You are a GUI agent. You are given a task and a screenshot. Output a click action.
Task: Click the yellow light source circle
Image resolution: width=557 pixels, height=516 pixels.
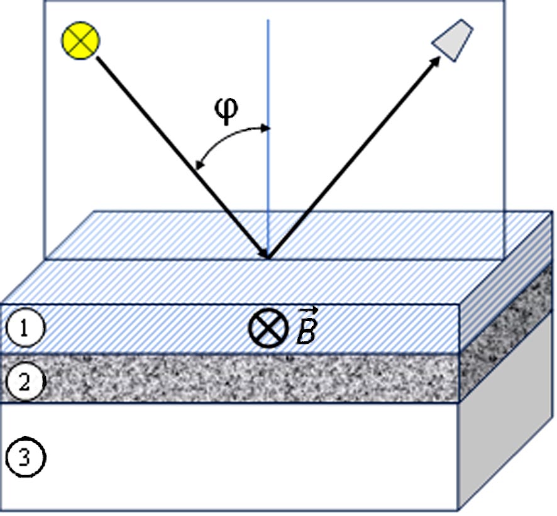tap(80, 41)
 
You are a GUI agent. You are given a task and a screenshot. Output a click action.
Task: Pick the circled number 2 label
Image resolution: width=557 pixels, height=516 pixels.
tap(24, 381)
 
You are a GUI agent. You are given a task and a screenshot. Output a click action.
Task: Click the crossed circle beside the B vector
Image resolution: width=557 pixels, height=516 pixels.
tap(268, 329)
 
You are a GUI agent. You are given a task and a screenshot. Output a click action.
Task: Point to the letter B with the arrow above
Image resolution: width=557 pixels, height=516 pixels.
tap(306, 333)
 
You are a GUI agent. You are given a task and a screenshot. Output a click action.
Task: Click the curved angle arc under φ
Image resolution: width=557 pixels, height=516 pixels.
tap(226, 140)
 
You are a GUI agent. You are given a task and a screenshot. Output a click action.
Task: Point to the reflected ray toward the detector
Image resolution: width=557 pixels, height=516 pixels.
tap(352, 157)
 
